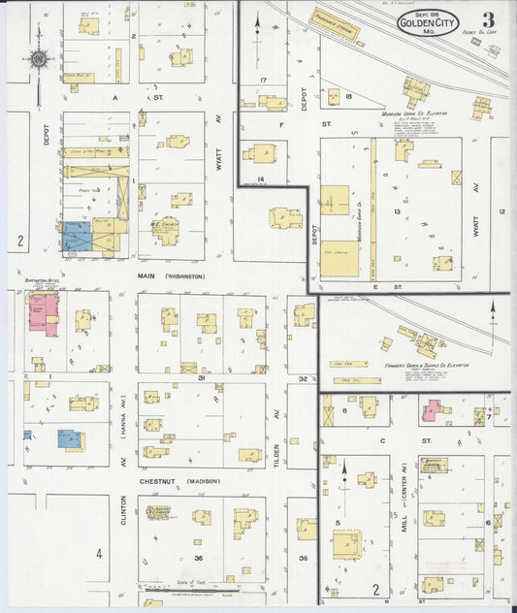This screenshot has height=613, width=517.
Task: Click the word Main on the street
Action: (147, 276)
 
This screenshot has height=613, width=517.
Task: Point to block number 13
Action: (397, 210)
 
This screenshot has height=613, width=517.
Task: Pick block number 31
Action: (200, 377)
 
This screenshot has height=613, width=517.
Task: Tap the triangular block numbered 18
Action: (347, 97)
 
